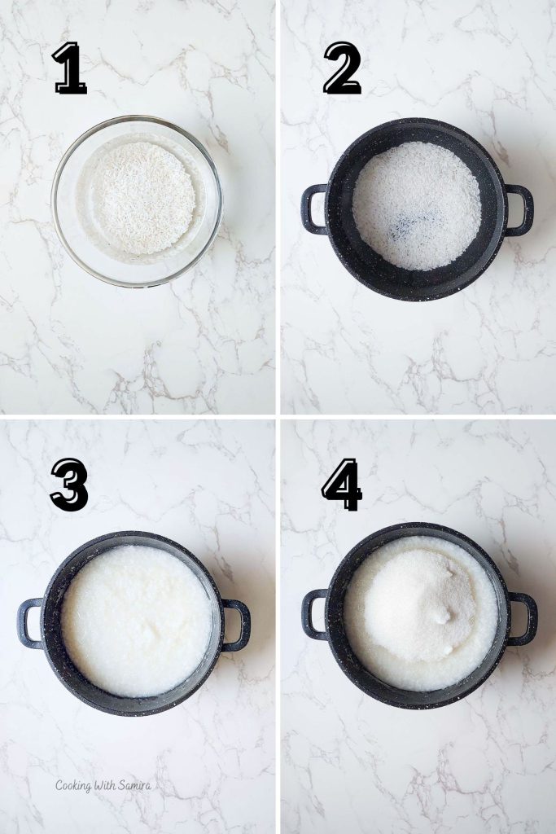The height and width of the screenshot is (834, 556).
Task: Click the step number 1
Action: pos(70,68)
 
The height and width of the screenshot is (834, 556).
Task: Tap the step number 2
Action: pos(343,68)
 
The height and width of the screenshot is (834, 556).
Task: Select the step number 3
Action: pos(69,485)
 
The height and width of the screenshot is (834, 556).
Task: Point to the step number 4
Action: pos(342,485)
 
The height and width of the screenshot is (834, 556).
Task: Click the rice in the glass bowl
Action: pos(144,198)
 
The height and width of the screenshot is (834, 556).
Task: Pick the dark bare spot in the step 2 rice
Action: pos(414,225)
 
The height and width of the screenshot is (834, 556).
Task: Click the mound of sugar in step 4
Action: pos(420,602)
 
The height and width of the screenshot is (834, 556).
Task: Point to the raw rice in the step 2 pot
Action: pos(417,205)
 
